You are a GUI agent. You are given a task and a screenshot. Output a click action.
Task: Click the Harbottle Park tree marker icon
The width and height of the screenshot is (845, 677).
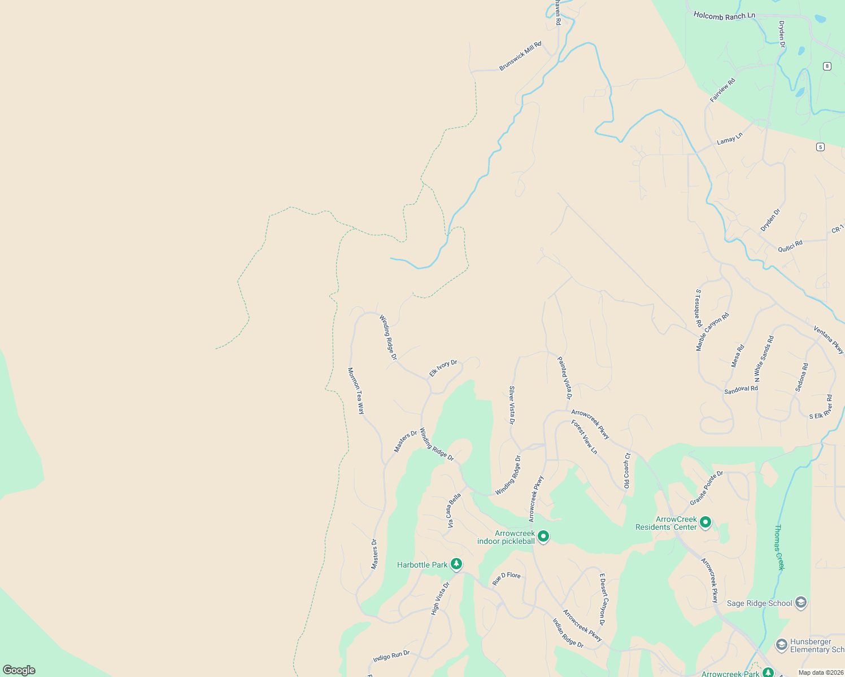[x=456, y=564]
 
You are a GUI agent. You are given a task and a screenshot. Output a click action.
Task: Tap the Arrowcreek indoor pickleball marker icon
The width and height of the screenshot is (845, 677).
[x=543, y=536]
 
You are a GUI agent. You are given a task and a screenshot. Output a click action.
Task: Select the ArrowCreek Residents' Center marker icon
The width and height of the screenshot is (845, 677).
[x=705, y=522]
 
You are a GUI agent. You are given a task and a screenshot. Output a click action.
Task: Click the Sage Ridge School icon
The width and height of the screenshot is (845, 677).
[x=800, y=603]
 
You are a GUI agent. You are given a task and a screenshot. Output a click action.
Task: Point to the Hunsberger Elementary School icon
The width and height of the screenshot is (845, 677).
[x=782, y=644]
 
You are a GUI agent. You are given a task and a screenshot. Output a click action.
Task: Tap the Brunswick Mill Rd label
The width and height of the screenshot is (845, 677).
[x=520, y=56]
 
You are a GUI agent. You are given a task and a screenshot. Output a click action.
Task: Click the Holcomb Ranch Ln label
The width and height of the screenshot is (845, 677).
[x=724, y=16]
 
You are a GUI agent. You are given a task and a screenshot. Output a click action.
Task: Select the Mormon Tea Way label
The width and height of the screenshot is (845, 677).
[x=356, y=391]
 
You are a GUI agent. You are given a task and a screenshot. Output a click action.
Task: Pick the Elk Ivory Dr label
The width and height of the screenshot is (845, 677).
[x=443, y=368]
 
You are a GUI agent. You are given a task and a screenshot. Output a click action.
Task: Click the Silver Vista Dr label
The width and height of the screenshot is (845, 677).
[x=512, y=405]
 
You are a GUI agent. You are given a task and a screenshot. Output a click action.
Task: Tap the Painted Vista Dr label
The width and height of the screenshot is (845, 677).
[x=564, y=378]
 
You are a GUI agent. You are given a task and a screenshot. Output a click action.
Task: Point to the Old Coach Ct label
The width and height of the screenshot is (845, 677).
[x=626, y=471]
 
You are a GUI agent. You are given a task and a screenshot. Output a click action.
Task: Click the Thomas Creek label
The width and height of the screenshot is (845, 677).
[x=779, y=547]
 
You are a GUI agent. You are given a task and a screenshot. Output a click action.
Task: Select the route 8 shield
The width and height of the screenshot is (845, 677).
[x=827, y=66]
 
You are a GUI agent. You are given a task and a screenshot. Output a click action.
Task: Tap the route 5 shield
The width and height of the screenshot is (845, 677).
[x=820, y=147]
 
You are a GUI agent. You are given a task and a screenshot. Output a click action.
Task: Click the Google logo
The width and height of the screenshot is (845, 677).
[x=19, y=670]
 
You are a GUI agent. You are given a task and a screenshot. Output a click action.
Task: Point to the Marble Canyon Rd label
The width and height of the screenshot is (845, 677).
[x=712, y=332]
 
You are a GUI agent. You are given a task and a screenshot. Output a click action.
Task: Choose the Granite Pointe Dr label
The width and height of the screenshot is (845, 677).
[x=706, y=488]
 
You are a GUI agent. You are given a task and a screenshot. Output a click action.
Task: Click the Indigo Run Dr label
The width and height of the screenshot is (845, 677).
[x=391, y=656]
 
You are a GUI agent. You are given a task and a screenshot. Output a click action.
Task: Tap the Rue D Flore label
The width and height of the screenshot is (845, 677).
[x=506, y=578]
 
